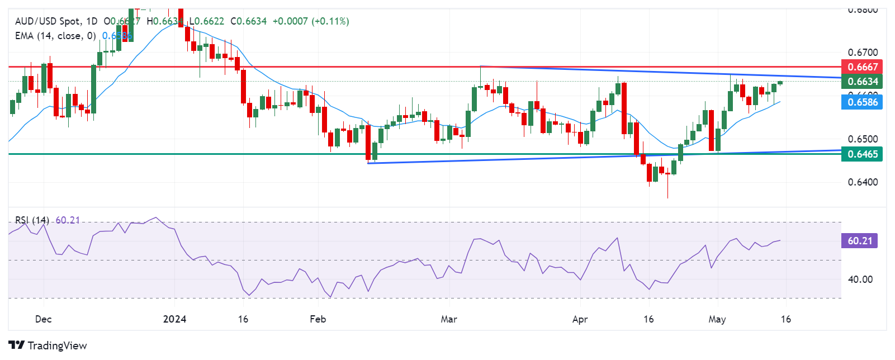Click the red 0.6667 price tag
[861, 67]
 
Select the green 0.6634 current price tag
[861, 82]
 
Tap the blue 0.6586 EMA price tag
[861, 102]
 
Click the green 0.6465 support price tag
[861, 154]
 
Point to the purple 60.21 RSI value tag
[859, 241]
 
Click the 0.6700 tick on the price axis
[863, 53]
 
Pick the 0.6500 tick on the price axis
[863, 139]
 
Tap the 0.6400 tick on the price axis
[863, 182]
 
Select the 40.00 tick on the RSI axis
[860, 280]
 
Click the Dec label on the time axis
[43, 319]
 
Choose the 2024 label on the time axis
[174, 319]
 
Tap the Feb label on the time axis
[318, 319]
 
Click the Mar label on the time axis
[449, 319]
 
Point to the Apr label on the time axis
[580, 319]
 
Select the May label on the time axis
[717, 319]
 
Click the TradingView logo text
[57, 345]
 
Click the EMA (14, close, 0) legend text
[55, 36]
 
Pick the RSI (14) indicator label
[32, 220]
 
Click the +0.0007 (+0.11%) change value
[311, 21]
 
